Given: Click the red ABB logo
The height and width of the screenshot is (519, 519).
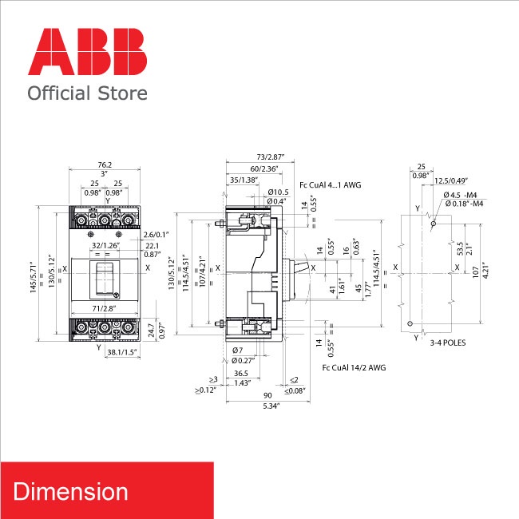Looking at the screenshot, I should click(87, 53).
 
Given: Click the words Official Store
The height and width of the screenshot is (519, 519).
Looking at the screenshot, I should click(87, 93).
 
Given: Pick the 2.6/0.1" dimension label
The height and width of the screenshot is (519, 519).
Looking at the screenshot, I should click(156, 233).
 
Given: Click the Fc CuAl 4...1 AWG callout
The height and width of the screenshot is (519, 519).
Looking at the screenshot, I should click(330, 185).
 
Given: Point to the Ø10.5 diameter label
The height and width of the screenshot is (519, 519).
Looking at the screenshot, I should click(278, 192).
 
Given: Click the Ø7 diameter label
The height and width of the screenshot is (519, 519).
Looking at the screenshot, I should click(237, 351).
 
